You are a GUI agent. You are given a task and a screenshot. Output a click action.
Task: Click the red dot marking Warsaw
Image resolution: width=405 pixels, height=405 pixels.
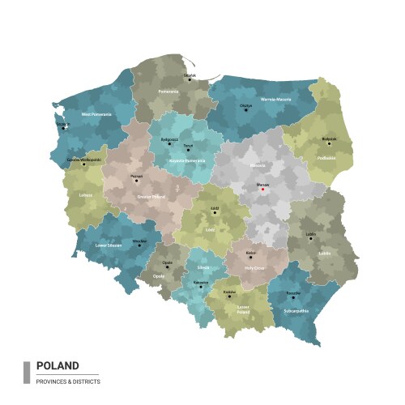point(262,190)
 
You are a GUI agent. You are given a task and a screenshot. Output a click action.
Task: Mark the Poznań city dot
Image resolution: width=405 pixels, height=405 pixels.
point(136,180)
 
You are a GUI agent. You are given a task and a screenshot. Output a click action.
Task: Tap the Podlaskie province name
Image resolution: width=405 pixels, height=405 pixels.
point(326,158)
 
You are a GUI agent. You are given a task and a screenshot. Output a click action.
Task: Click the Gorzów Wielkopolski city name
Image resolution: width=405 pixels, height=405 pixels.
point(84,160)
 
